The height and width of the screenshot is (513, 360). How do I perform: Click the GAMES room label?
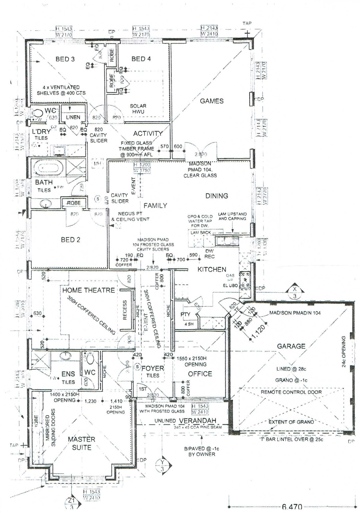tap(211, 101)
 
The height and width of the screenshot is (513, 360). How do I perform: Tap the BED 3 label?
tap(65, 59)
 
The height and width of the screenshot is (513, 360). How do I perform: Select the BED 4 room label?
tap(141, 59)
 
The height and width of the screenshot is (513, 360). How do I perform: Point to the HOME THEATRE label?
tap(88, 290)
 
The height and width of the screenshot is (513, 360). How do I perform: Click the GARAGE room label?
tap(291, 346)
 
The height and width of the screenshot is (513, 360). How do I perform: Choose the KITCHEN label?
tap(212, 269)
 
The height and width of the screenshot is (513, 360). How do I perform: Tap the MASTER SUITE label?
tap(81, 443)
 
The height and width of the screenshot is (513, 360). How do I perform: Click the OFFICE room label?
tap(200, 374)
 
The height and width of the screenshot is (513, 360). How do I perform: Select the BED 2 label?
tap(70, 240)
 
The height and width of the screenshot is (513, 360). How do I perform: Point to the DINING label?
tap(217, 196)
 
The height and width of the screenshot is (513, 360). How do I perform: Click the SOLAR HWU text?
tap(138, 109)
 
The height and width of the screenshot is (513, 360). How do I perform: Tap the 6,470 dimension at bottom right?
tap(292, 507)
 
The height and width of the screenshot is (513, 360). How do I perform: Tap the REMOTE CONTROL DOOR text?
tap(291, 392)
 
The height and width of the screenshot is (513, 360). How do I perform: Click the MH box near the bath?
tap(97, 164)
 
